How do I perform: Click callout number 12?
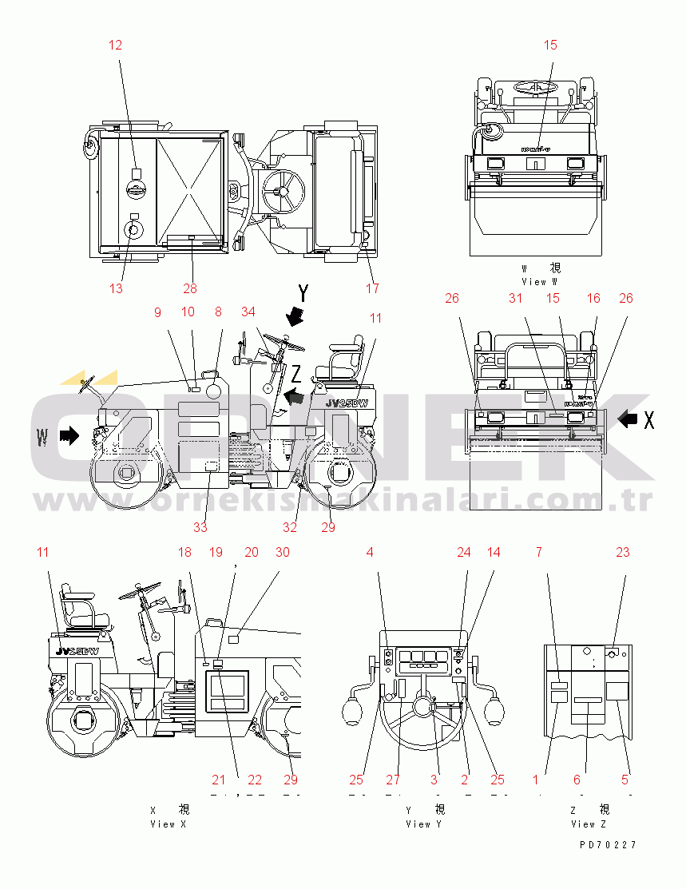(x=116, y=45)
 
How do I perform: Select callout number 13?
(x=117, y=288)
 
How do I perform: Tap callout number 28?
(x=189, y=288)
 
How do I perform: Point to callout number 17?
(x=372, y=288)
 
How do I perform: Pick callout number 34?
(x=248, y=312)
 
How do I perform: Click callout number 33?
(x=200, y=526)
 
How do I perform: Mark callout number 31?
(x=515, y=298)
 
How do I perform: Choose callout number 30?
(x=282, y=552)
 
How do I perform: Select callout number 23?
(x=622, y=552)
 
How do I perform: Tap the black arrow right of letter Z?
(x=294, y=395)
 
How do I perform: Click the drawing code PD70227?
(x=608, y=844)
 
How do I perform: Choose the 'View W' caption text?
(x=540, y=281)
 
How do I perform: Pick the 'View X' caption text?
(x=168, y=824)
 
